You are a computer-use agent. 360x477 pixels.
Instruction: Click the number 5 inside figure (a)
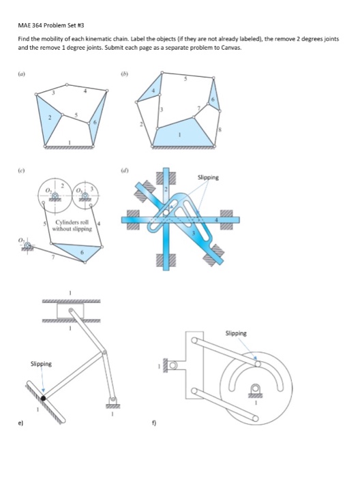pyautogui.click(x=76, y=115)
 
